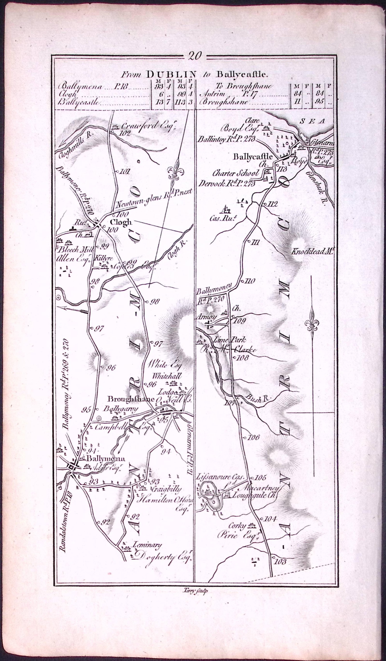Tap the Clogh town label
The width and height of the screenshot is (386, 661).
[x=121, y=222]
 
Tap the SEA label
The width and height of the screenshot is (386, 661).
[x=312, y=121]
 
